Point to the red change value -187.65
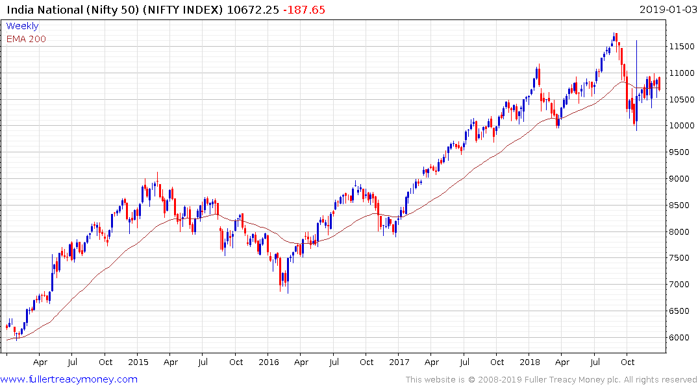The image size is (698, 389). pos(303,10)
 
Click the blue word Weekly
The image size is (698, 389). pos(22,26)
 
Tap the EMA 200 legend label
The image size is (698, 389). pos(26,39)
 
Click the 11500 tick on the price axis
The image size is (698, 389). pos(682,47)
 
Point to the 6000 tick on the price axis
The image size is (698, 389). pos(680,338)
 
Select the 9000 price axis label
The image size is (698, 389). pos(680,179)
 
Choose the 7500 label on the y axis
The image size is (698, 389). pos(680,258)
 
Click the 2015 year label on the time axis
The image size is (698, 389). pos(138,362)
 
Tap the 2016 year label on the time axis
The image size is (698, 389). pos(269,362)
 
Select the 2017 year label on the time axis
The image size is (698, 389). pos(399,362)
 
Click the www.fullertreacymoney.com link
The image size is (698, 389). pos(69,379)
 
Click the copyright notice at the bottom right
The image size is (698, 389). pos(551,380)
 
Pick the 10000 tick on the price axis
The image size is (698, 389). pos(682,126)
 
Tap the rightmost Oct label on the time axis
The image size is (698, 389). pos(627,362)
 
